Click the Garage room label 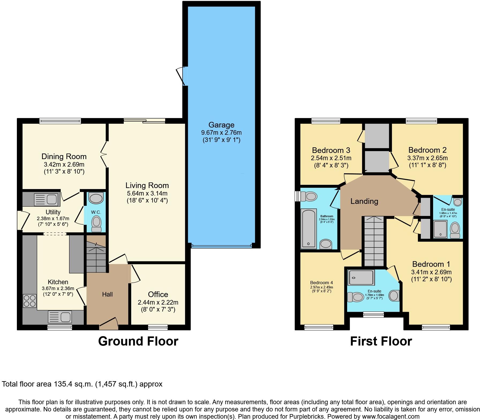pos(221,125)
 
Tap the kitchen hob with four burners pos(29,301)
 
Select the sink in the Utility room pos(46,200)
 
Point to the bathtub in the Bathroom pos(309,228)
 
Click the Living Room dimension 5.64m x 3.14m pos(147,193)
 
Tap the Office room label pos(158,294)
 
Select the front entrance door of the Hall pos(108,323)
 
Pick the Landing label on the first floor pos(364,201)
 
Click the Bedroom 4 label pos(321,283)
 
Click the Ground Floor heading pos(138,341)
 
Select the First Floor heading pos(381,341)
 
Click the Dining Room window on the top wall pos(60,121)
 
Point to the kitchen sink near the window pos(60,317)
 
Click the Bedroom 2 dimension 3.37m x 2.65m pos(427,158)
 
